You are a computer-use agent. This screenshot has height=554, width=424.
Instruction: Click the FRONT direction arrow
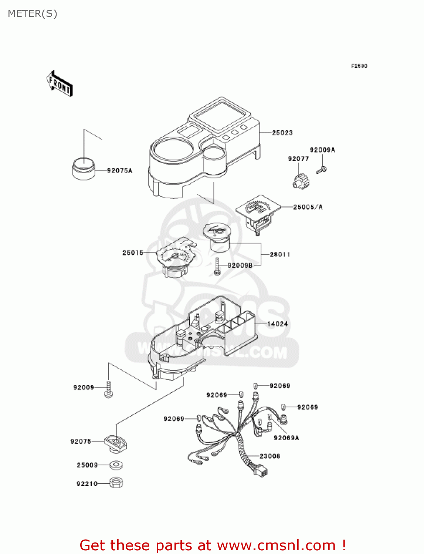point(60,84)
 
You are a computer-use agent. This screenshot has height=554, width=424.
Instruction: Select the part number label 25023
point(282,133)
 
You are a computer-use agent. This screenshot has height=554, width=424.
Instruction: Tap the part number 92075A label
point(119,171)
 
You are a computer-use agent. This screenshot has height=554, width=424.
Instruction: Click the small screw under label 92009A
point(321,170)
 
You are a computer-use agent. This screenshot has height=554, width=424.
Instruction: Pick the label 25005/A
point(308,207)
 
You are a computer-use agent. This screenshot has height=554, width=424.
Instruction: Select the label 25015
point(133,253)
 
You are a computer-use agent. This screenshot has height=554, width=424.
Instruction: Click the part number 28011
point(280,254)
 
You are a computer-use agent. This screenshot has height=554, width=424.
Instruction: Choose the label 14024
point(277,324)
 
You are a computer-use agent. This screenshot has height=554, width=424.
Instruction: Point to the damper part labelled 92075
point(115,443)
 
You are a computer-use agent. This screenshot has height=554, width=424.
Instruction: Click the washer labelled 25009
point(116,465)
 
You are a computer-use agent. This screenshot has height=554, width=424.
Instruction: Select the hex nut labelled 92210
point(116,483)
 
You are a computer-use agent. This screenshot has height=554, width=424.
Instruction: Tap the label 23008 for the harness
point(269,456)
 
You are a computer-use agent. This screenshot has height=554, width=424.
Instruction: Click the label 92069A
point(286,438)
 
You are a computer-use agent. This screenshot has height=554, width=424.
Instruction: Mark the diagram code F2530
point(359,66)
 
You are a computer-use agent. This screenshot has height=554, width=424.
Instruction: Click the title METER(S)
point(33,14)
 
